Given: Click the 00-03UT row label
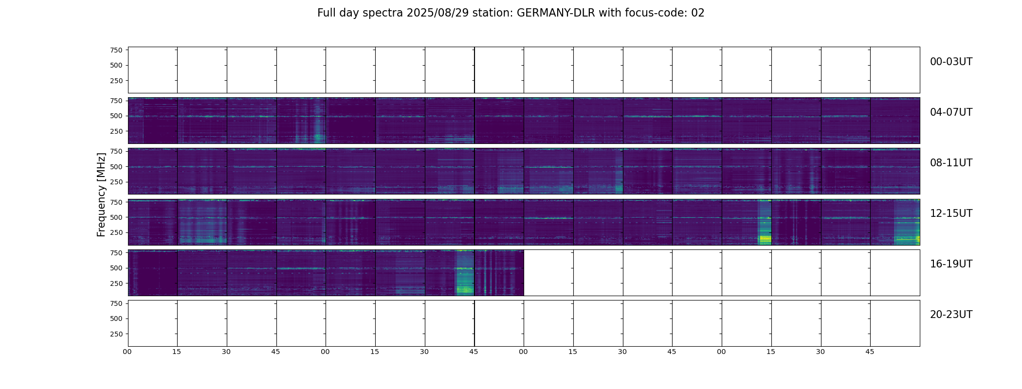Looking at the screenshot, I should click(951, 62).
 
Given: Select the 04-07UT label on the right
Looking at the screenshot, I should click(951, 112).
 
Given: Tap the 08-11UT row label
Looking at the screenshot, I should click(951, 163).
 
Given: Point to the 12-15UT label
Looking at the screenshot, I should click(951, 213).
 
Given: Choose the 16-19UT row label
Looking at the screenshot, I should click(951, 264).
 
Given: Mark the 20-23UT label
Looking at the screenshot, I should click(951, 315).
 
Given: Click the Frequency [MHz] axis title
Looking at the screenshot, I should click(101, 194).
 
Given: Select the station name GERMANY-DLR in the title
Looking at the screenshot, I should click(556, 13).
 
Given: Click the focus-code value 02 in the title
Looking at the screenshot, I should click(698, 13).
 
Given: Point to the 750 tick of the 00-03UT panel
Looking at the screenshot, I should click(116, 50).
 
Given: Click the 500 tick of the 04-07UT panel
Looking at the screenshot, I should click(116, 116).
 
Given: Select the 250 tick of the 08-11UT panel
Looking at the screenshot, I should click(116, 182).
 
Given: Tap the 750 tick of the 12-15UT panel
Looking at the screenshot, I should click(116, 202).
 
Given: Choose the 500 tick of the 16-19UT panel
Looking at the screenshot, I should click(116, 268).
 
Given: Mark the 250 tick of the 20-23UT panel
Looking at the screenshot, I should click(116, 334).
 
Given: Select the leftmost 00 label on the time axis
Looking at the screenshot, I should click(128, 352).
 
